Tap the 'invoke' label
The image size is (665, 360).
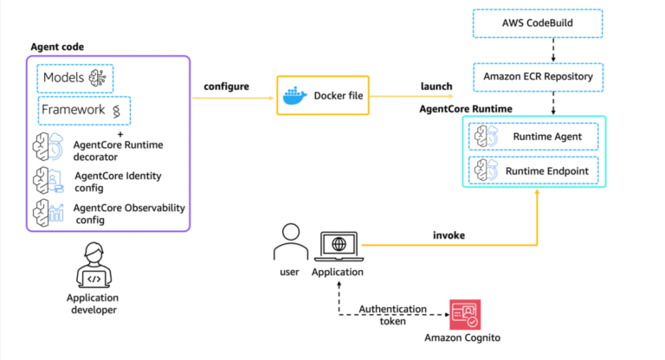[449, 235]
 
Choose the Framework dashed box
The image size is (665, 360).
[84, 110]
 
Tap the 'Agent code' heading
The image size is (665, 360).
[58, 46]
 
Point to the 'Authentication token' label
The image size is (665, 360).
[393, 314]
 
